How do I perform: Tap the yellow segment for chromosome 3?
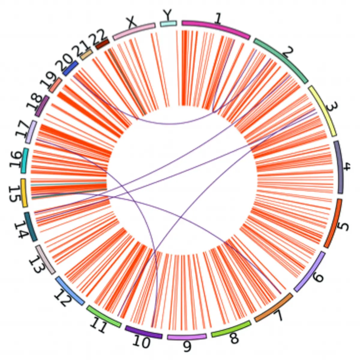click(x=323, y=111)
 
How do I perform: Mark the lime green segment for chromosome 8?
click(x=231, y=329)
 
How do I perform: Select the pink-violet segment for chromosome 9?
click(x=187, y=337)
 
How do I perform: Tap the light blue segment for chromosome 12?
click(x=70, y=291)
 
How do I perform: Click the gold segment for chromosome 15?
click(x=24, y=193)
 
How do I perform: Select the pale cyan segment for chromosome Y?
click(x=168, y=24)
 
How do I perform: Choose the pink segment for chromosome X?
click(x=134, y=31)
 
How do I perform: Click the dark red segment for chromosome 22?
click(x=102, y=44)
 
